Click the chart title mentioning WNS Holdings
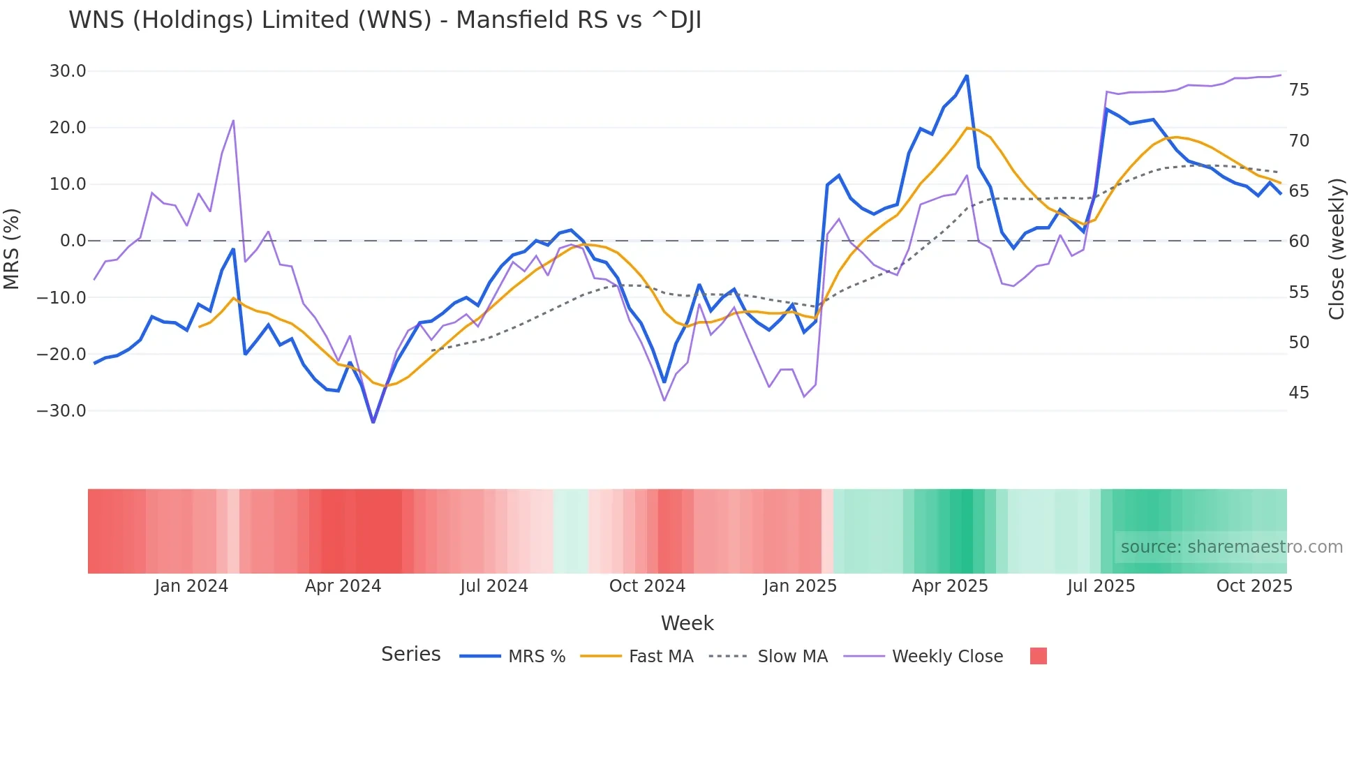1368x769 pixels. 385,20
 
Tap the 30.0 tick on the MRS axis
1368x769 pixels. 68,71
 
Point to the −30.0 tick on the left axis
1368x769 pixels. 61,411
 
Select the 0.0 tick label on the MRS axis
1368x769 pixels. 73,241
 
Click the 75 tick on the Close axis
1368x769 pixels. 1299,90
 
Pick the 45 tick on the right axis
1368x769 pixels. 1299,393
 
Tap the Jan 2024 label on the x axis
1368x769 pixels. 191,586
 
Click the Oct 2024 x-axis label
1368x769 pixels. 647,586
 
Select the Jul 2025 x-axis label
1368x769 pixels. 1101,586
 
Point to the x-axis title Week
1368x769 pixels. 687,623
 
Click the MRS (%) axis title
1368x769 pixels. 12,248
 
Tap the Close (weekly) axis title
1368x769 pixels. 1337,249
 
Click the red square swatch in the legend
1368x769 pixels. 1038,656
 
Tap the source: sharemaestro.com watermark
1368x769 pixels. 1231,547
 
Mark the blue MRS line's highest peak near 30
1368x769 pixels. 967,75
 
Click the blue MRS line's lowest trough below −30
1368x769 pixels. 373,422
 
